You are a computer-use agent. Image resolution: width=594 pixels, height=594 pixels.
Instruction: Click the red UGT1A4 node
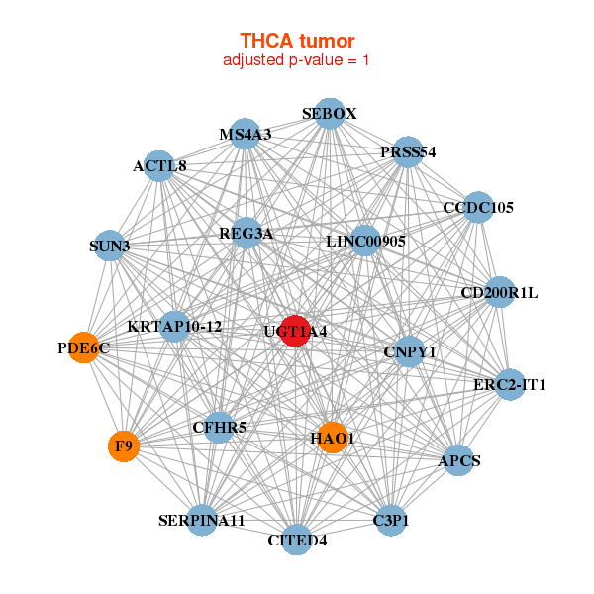(296, 331)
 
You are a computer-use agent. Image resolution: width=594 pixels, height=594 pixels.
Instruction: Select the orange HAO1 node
(333, 437)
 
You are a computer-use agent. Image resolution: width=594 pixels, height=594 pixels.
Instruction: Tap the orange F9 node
(124, 446)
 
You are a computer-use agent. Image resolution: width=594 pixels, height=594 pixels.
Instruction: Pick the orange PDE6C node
(84, 347)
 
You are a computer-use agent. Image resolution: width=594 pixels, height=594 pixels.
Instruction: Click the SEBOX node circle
(330, 114)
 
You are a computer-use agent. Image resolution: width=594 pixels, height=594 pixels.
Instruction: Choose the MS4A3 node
(246, 134)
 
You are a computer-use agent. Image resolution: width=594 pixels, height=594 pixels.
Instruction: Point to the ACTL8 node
(160, 165)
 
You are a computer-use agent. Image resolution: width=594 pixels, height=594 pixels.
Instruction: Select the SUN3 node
(110, 245)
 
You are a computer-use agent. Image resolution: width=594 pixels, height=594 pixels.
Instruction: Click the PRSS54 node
(408, 152)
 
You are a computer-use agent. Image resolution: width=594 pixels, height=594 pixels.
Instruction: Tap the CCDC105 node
(478, 208)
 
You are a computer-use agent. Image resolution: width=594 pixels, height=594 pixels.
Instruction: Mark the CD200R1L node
(500, 292)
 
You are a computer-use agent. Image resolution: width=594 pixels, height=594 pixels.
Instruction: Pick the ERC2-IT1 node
(509, 384)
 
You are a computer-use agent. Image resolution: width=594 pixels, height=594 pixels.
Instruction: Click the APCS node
(458, 460)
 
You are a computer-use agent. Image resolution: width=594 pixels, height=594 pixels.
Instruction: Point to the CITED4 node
(297, 540)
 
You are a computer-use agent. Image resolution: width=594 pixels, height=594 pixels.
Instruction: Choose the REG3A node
(247, 234)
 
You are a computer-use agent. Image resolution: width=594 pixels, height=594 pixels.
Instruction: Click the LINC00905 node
(365, 241)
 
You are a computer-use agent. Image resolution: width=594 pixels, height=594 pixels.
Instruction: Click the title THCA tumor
(297, 41)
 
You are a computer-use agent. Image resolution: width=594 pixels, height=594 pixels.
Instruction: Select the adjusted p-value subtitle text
(297, 60)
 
